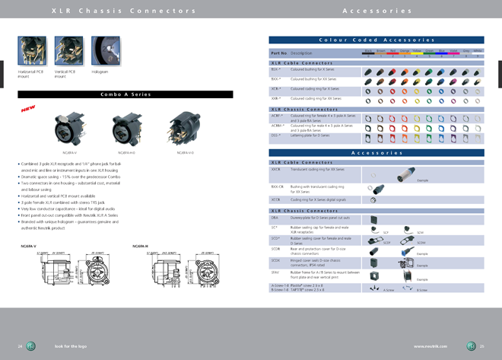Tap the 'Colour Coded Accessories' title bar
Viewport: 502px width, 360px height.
(x=376, y=40)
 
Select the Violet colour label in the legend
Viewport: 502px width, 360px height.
(x=454, y=50)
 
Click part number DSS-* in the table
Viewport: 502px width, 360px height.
(x=276, y=135)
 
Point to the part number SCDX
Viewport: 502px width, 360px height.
(x=275, y=260)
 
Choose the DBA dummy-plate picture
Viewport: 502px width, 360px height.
(x=373, y=218)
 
